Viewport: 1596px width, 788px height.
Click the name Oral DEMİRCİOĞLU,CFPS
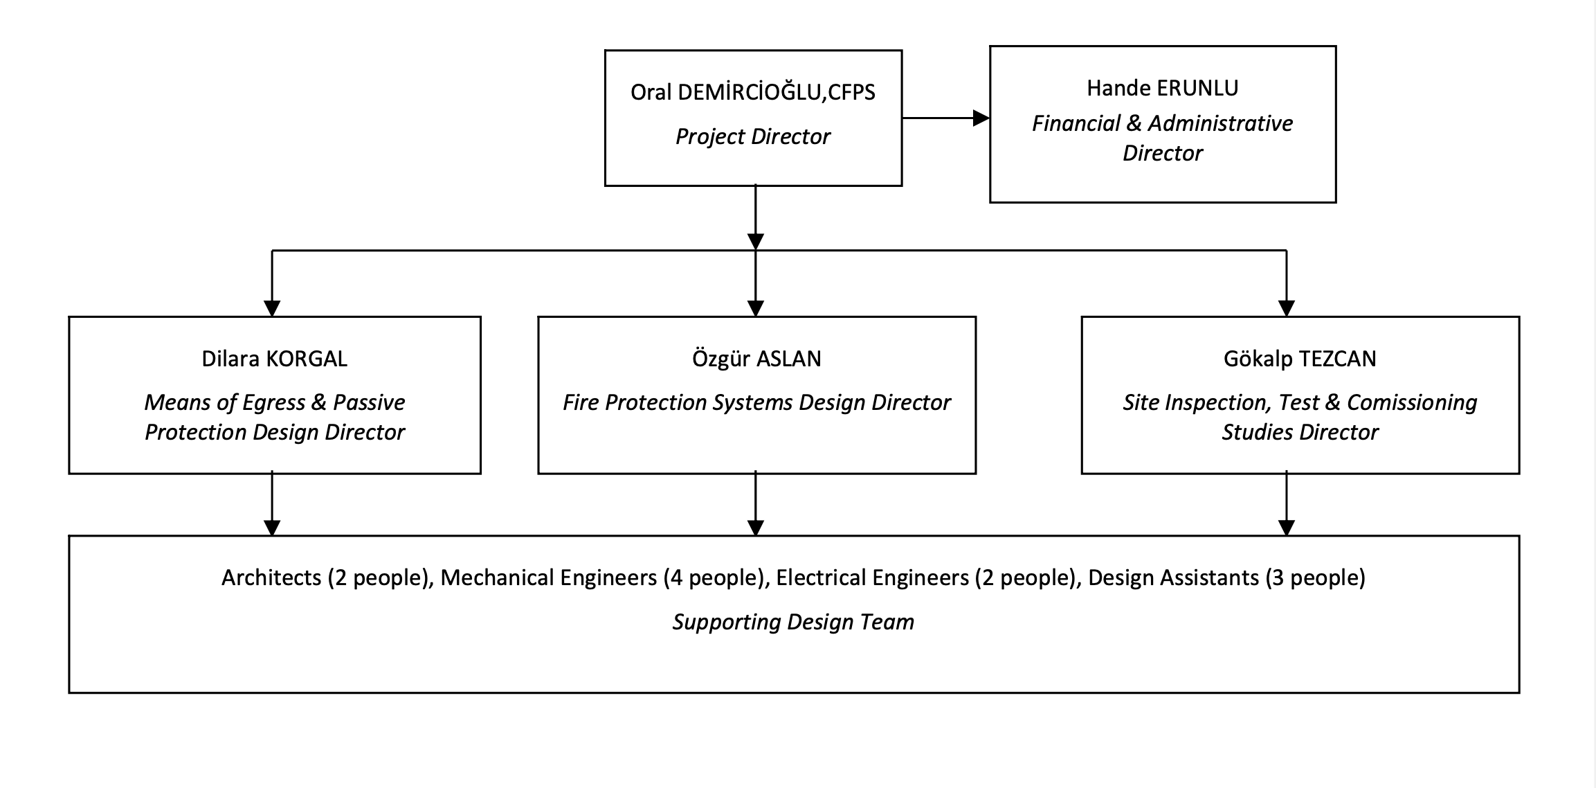click(752, 92)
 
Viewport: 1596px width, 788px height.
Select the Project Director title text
click(752, 136)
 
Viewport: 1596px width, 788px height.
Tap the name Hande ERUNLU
click(1162, 88)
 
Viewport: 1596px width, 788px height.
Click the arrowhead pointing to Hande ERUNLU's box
click(981, 118)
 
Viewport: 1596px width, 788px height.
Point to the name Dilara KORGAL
click(274, 359)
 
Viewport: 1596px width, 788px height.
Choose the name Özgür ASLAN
click(756, 359)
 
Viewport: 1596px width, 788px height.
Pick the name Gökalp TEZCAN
click(1299, 359)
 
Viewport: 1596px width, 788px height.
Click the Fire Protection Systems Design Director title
click(756, 402)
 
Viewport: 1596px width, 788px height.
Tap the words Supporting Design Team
click(793, 622)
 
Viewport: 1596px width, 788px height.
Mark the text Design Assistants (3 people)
click(1226, 577)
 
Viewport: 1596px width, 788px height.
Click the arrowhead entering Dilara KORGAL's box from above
click(272, 308)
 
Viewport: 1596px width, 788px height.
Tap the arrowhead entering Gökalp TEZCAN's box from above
click(1286, 308)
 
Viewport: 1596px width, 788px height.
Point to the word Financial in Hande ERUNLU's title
click(1076, 123)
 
